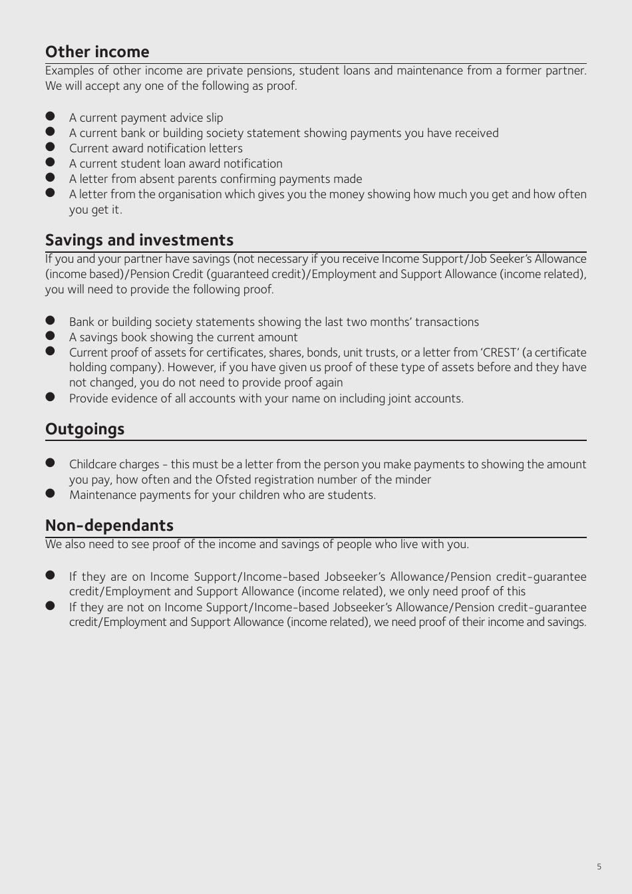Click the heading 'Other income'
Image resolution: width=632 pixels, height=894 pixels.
(x=97, y=52)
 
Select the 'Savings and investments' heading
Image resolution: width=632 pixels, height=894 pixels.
(x=139, y=240)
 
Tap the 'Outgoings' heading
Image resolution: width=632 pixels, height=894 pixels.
(x=84, y=429)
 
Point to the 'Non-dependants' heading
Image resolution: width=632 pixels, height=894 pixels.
(x=109, y=525)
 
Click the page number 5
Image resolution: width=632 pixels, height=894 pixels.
(x=599, y=867)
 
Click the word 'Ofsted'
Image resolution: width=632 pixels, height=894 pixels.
(x=234, y=480)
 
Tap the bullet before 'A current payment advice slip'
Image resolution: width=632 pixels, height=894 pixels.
(x=50, y=117)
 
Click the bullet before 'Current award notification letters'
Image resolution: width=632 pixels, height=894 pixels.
(x=50, y=148)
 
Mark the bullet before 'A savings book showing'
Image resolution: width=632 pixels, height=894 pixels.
(x=50, y=337)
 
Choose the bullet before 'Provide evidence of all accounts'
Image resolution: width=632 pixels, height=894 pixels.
(x=50, y=398)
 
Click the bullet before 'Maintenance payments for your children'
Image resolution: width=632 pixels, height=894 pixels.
(x=50, y=494)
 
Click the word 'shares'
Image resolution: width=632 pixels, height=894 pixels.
(x=285, y=353)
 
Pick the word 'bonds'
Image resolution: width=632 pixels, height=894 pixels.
(x=323, y=353)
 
